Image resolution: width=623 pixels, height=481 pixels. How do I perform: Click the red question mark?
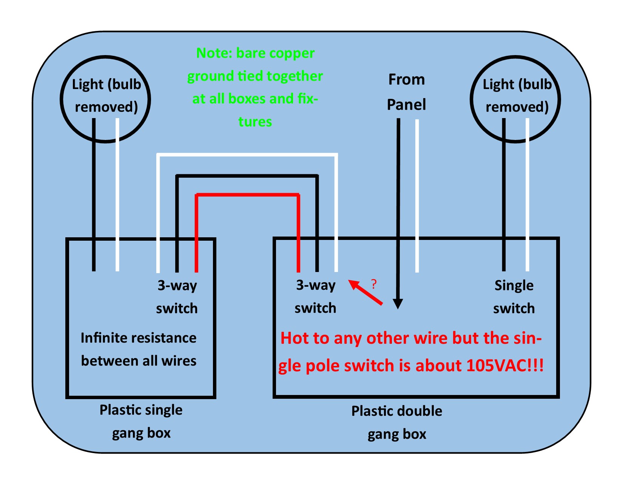coord(374,284)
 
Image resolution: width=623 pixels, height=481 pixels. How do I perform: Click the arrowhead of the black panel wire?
coord(398,303)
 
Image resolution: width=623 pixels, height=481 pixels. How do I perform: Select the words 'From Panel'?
coord(406,92)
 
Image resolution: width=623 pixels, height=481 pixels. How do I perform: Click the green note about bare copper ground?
coord(255,87)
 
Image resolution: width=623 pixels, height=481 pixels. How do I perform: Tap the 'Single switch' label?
coord(514,297)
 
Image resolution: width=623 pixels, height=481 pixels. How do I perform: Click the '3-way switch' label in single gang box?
coord(177,297)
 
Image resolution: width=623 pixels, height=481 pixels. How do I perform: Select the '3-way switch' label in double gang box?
coord(315,297)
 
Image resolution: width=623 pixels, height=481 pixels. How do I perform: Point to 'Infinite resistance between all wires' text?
coord(139,349)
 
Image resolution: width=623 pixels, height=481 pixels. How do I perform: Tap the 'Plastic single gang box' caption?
coord(141,421)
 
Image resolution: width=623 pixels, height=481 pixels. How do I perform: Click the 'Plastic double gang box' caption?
coord(396,422)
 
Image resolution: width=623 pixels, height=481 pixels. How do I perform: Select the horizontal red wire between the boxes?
coord(247,195)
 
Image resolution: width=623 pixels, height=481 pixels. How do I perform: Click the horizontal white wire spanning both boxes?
coord(247,155)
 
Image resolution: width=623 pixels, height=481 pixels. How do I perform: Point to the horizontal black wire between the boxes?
coord(247,176)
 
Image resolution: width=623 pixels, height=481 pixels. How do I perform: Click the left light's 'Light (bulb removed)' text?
coord(106,95)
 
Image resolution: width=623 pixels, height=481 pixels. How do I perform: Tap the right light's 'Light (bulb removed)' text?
coord(517,95)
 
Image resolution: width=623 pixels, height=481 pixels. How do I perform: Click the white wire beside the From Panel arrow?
coord(417,196)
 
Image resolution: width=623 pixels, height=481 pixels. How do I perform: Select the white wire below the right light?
coord(527,196)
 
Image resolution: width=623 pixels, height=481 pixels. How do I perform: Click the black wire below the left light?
coord(94,196)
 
